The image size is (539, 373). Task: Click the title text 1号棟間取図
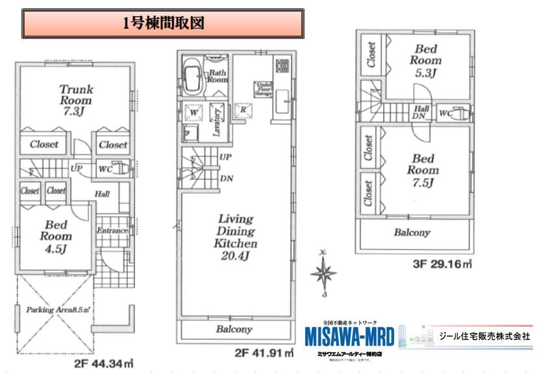pyautogui.click(x=164, y=24)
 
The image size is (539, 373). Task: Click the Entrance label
pyautogui.click(x=112, y=231)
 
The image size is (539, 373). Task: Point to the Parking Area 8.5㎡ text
pyautogui.click(x=58, y=311)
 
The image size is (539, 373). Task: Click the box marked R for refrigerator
pyautogui.click(x=243, y=110)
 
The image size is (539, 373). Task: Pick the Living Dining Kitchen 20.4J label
pyautogui.click(x=236, y=238)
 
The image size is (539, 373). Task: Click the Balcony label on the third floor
pyautogui.click(x=412, y=233)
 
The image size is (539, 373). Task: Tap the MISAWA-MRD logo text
pyautogui.click(x=349, y=337)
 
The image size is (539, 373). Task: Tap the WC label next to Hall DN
pyautogui.click(x=445, y=113)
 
